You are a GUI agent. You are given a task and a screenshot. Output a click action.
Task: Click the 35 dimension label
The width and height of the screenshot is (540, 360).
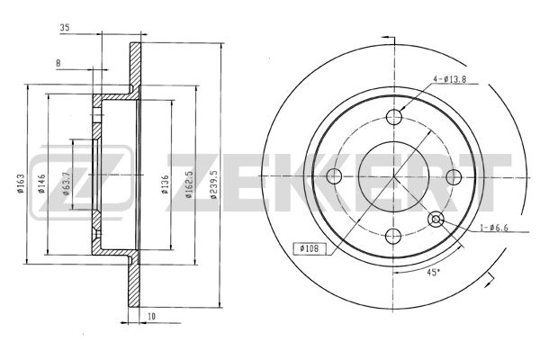65,28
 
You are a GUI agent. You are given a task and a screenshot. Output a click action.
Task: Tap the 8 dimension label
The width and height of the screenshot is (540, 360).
58,63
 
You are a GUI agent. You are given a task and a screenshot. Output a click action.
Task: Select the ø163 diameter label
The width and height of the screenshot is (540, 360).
21,183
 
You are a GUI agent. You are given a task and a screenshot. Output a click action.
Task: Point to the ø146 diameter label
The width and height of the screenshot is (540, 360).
41,184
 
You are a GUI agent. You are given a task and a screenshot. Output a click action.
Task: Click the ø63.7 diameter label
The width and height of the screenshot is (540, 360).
66,183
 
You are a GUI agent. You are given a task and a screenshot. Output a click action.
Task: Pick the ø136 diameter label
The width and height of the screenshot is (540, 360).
166,184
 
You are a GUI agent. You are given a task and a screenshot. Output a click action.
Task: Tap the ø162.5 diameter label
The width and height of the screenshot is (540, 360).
188,184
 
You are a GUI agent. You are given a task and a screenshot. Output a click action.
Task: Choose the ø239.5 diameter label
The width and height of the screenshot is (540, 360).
213,184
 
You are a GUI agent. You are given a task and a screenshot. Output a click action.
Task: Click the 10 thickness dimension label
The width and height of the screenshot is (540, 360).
151,316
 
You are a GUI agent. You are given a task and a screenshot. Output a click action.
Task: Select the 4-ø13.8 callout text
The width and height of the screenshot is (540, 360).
449,79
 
